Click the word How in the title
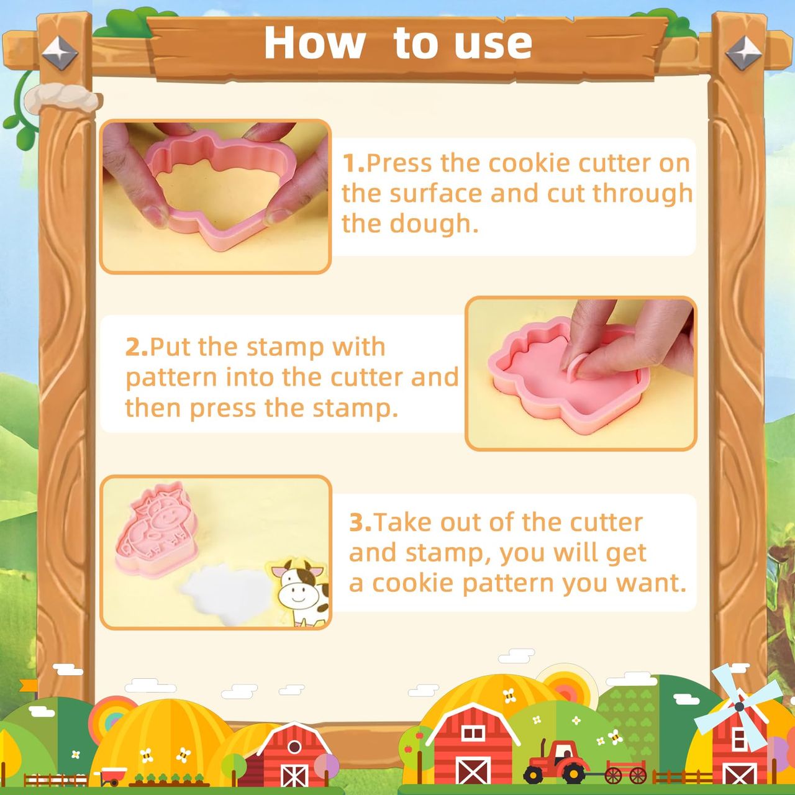[x=314, y=43]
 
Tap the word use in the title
[x=493, y=45]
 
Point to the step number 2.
[x=137, y=347]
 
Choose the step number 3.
[x=361, y=523]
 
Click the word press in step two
[x=223, y=409]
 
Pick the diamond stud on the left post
[x=60, y=53]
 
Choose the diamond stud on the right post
[x=743, y=53]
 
